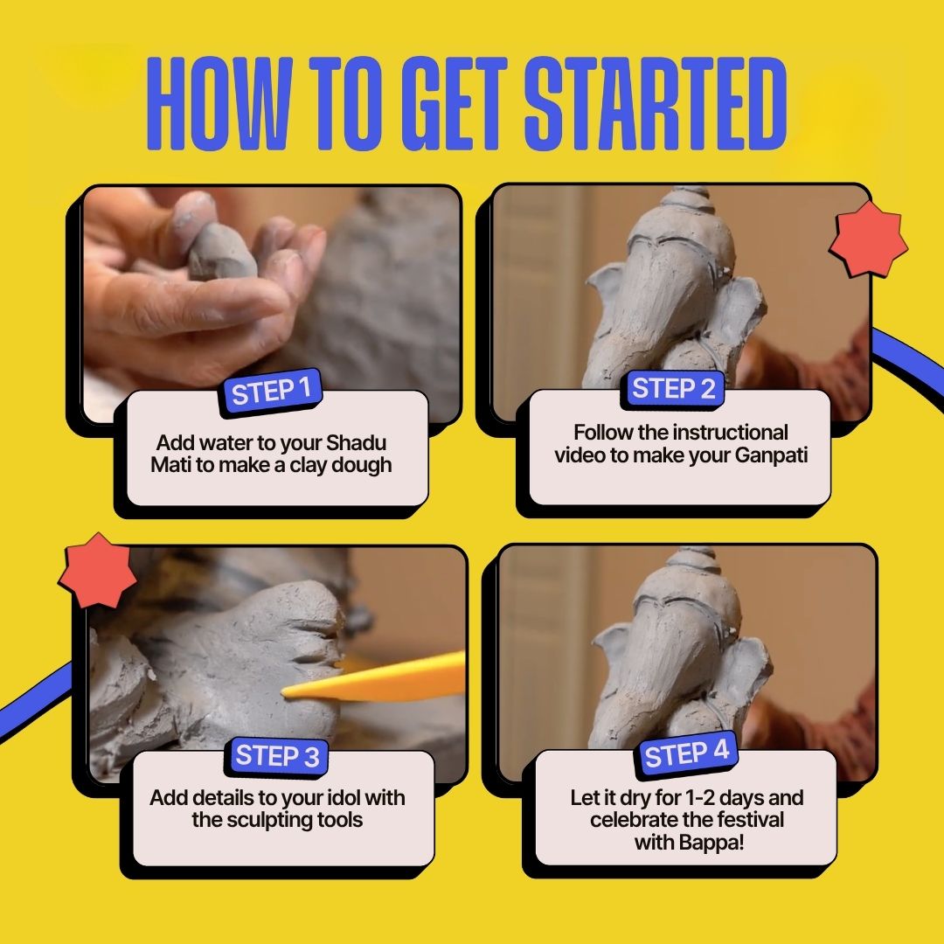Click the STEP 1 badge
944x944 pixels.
[271, 392]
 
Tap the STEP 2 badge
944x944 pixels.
[673, 389]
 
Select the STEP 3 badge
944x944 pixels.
[277, 756]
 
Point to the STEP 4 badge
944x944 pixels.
[686, 753]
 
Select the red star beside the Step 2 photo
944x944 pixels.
[868, 239]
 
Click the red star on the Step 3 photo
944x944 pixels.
[97, 571]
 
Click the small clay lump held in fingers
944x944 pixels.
[220, 253]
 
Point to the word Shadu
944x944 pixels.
[356, 442]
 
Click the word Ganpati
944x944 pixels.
[771, 455]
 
